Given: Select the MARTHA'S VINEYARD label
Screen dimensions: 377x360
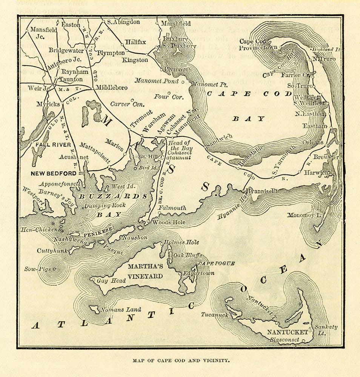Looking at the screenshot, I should (x=145, y=271).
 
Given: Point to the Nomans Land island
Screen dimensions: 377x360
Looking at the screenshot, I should (x=95, y=309).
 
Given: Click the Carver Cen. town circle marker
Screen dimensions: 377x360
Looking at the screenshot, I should (x=132, y=100).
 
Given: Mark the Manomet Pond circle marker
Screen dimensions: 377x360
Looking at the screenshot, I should (x=183, y=81).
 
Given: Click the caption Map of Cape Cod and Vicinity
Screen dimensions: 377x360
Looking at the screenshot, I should (x=181, y=360).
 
